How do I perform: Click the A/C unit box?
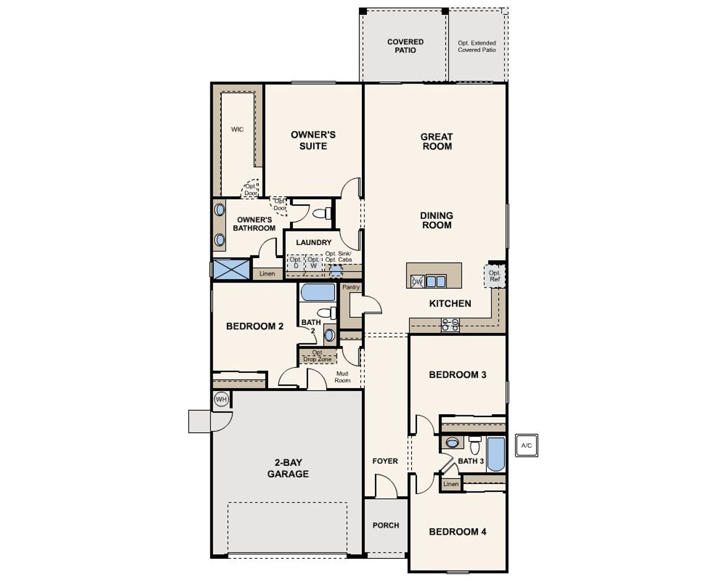click(x=526, y=445)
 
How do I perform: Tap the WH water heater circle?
click(x=221, y=399)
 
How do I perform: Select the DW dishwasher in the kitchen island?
click(x=417, y=281)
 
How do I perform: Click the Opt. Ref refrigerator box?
click(x=495, y=276)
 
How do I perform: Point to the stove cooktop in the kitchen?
click(x=450, y=325)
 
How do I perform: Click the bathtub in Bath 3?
click(x=496, y=454)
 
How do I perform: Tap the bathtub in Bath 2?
click(x=318, y=292)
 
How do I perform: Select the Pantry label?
click(x=351, y=287)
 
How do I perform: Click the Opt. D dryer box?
click(x=296, y=263)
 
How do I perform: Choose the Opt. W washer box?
click(x=313, y=263)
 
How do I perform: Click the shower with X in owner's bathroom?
click(x=230, y=269)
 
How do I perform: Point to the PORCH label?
click(x=386, y=525)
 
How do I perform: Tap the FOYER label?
click(x=385, y=461)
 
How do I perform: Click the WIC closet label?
click(x=237, y=129)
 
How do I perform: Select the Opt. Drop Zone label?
click(x=318, y=356)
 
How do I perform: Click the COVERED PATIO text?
click(x=405, y=46)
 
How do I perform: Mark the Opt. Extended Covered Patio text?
click(x=476, y=46)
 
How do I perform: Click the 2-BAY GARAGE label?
click(x=288, y=468)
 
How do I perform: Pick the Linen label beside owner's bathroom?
click(x=267, y=273)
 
